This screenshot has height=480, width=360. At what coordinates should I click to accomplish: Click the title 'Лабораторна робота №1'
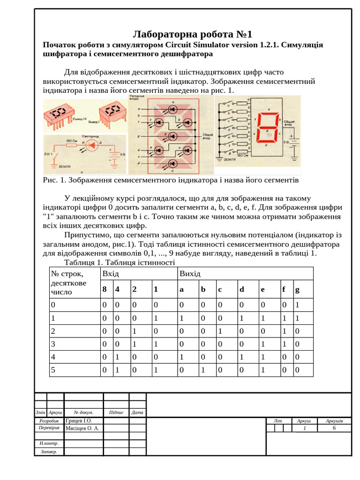click(193, 34)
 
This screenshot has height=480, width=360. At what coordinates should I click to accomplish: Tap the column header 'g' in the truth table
click(297, 289)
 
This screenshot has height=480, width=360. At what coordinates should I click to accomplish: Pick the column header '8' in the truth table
click(105, 289)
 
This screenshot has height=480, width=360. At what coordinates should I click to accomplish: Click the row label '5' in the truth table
click(53, 370)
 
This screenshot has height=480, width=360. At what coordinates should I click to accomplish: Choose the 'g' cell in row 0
click(297, 305)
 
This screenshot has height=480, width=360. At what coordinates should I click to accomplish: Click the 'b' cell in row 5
click(203, 370)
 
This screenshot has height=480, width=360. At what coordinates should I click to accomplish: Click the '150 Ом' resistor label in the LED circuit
click(71, 140)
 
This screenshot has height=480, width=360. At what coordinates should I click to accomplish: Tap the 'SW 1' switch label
click(49, 153)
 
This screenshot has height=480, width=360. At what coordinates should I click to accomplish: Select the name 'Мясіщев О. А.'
click(82, 428)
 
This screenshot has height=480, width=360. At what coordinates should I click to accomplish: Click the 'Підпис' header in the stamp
click(116, 412)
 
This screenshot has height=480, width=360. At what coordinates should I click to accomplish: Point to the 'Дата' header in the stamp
click(137, 412)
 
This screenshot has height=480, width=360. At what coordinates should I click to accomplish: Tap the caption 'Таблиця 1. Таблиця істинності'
click(119, 262)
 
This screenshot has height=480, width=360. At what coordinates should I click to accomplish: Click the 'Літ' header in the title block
click(278, 421)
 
